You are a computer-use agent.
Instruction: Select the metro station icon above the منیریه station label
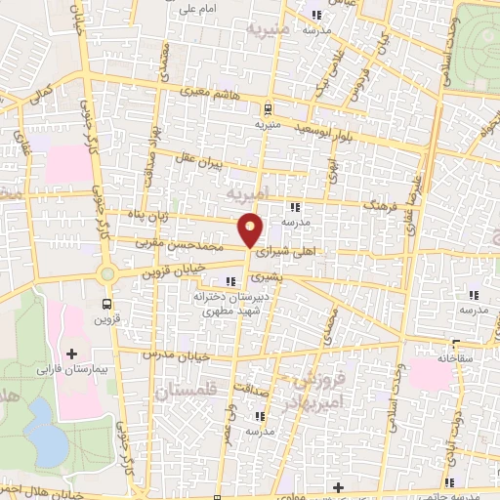pyautogui.click(x=268, y=109)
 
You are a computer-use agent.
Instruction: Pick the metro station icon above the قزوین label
pyautogui.click(x=107, y=304)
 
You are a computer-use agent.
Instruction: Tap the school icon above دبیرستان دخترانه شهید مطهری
pyautogui.click(x=229, y=283)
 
